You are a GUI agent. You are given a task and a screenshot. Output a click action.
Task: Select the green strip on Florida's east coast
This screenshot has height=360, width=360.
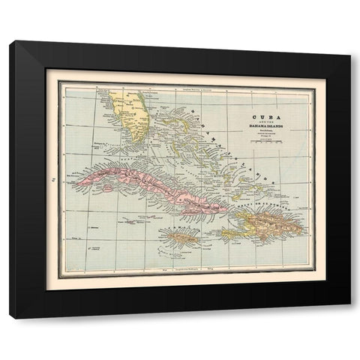tap(145, 112)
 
